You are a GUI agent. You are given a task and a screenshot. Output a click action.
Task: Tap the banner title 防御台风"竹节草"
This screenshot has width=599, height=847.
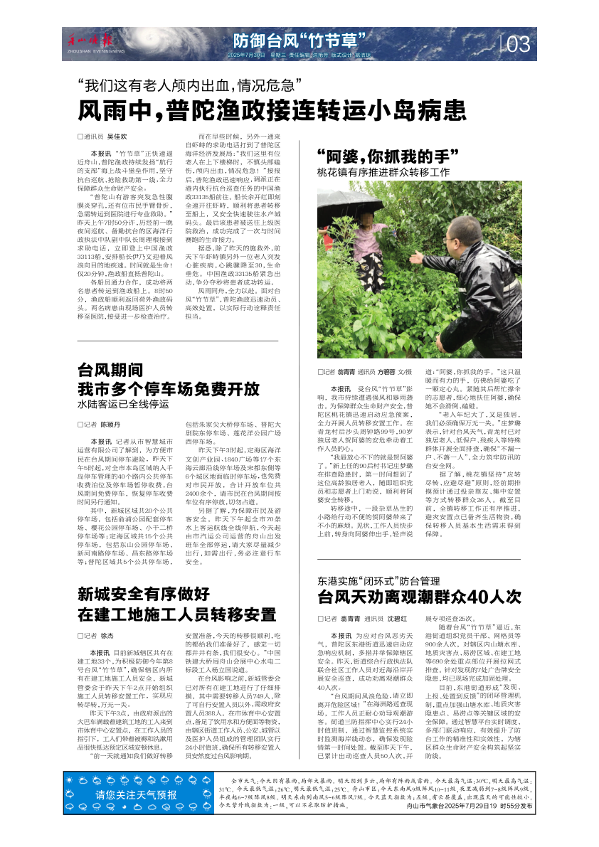[299, 39]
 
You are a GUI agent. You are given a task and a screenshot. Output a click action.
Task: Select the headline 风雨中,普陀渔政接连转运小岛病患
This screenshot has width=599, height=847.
[272, 110]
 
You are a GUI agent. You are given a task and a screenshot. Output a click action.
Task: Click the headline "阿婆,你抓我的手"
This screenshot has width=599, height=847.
[386, 156]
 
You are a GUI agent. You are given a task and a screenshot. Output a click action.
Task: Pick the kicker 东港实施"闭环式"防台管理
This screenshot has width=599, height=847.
[383, 580]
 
